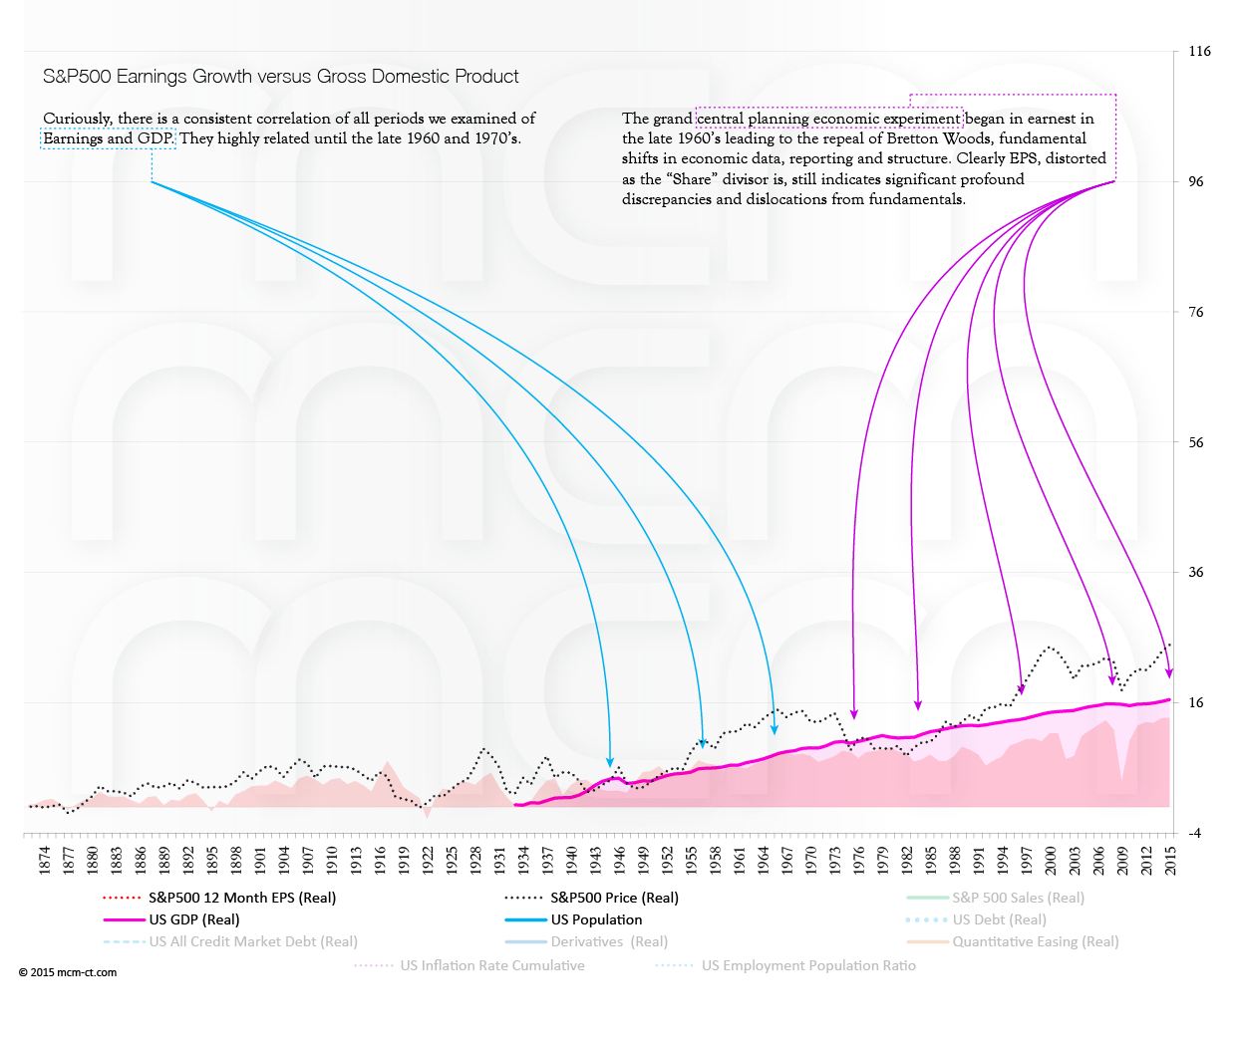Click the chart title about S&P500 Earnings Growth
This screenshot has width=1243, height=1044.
[280, 77]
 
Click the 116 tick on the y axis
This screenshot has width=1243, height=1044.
[1199, 52]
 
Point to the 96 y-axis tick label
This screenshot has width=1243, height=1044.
[1196, 182]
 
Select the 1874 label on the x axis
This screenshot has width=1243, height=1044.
[45, 860]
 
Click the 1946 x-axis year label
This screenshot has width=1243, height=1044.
[620, 860]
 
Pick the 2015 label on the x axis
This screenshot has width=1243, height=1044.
[1171, 860]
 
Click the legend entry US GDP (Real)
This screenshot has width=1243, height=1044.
[194, 919]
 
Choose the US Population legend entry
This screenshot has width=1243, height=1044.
[596, 919]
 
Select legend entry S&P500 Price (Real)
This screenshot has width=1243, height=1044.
[614, 898]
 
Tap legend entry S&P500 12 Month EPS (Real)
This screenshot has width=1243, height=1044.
[242, 898]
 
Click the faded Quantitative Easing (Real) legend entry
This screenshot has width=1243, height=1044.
[1035, 941]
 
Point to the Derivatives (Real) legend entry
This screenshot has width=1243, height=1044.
[609, 941]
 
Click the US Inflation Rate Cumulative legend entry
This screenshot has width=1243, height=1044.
[492, 965]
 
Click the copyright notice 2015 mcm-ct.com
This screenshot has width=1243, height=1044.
[68, 972]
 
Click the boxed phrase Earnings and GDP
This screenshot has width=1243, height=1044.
[109, 138]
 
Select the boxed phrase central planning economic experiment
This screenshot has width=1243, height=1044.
[828, 119]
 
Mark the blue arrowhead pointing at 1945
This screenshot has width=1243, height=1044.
[610, 762]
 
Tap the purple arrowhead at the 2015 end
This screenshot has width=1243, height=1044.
[1169, 673]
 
